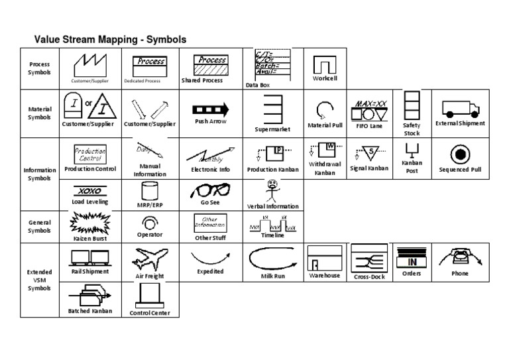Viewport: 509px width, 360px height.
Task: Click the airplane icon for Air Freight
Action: [x=150, y=259]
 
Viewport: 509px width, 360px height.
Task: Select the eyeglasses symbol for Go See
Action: [x=211, y=190]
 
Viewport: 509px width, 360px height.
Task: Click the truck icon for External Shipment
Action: [x=461, y=109]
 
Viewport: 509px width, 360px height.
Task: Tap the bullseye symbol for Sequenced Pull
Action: [x=460, y=154]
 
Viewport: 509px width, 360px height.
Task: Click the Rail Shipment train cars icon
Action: [x=89, y=256]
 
